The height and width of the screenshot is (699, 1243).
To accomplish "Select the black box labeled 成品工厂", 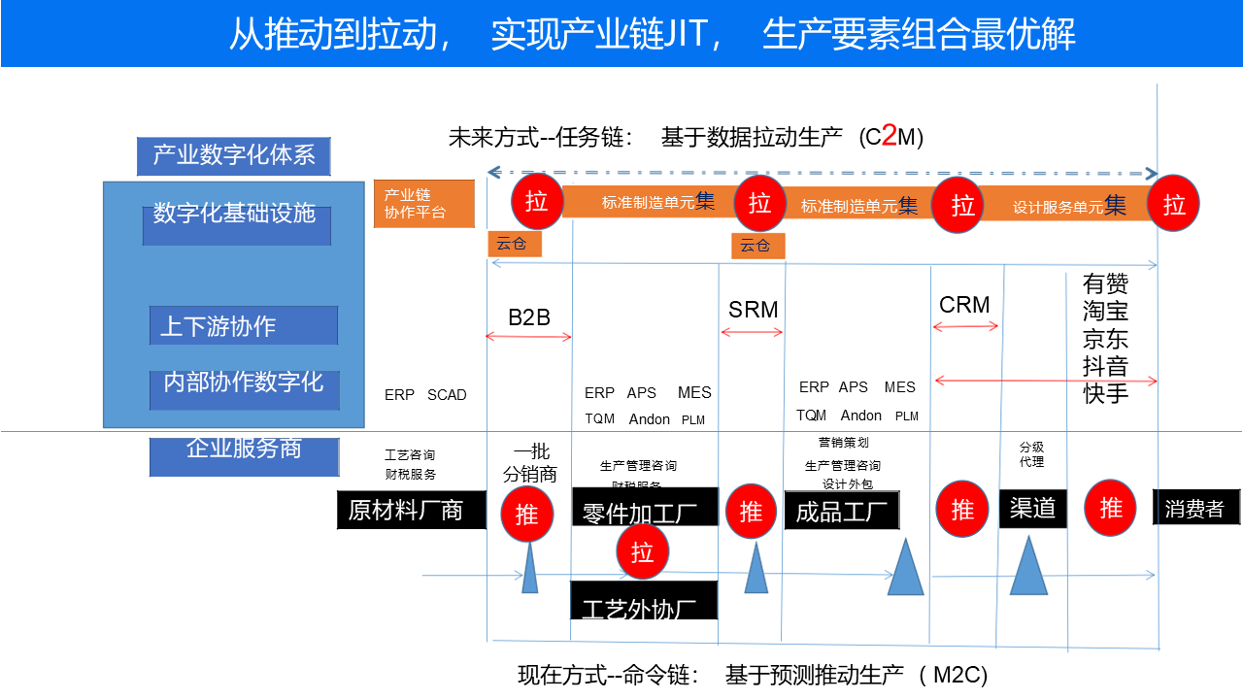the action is tap(842, 511).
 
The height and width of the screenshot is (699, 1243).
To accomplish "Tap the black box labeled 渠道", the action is tap(1032, 508).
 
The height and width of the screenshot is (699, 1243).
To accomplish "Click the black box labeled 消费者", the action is tap(1195, 508).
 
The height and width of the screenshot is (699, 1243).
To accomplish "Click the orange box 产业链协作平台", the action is tap(423, 204).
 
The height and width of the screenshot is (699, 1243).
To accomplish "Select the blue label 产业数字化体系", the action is tap(233, 155).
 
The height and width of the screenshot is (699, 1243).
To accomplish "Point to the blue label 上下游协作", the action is tap(243, 326).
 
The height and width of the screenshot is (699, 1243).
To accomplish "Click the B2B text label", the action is tap(528, 317).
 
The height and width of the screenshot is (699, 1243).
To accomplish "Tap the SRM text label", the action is tap(753, 310).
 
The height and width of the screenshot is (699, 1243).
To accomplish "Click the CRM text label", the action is tap(964, 305).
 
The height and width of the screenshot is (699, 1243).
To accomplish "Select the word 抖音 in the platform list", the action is tap(1106, 366).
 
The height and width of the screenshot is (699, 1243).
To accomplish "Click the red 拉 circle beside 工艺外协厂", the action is tap(643, 551).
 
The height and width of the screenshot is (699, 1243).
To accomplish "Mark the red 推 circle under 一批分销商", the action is tap(526, 514).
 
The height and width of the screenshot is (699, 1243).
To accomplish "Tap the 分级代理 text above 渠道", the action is tap(1031, 454).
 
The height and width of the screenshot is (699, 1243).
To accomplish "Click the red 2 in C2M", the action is tap(888, 137).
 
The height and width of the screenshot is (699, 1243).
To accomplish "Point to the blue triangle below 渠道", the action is tap(1028, 567).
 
